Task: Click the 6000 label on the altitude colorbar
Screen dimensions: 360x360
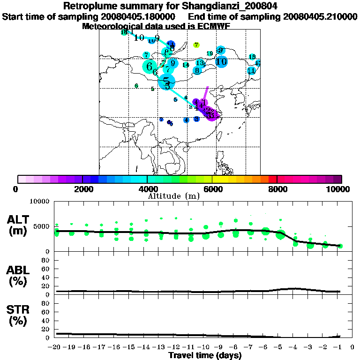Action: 212,189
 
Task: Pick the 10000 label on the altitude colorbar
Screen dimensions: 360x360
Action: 339,189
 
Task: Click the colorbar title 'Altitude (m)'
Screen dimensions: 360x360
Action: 173,196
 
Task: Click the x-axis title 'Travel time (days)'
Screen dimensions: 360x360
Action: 205,355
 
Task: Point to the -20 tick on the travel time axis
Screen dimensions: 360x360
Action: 57,347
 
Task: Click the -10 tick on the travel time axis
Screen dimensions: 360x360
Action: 205,347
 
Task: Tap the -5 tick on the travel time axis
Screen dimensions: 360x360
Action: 280,347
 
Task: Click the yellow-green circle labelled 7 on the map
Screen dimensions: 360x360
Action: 197,45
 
